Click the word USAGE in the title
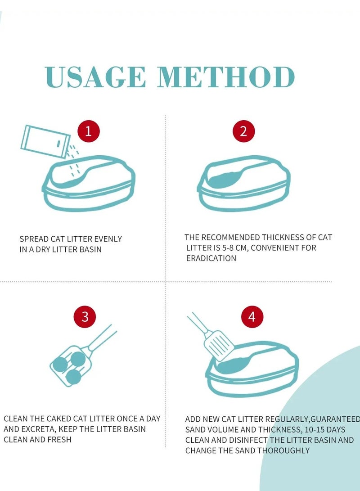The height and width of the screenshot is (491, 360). [95, 77]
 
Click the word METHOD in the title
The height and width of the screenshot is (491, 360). [226, 77]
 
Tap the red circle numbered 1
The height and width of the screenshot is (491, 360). [89, 131]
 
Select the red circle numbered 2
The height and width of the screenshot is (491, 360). [243, 131]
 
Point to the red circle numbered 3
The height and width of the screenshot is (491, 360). [85, 316]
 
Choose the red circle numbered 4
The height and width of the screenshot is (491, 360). [252, 316]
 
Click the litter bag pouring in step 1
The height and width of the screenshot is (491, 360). [45, 141]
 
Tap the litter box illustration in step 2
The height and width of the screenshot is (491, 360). [243, 184]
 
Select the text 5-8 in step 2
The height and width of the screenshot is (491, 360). [228, 248]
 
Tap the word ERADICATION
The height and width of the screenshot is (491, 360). [211, 258]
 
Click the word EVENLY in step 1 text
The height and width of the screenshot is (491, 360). [108, 239]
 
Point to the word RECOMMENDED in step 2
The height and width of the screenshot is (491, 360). [230, 237]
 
